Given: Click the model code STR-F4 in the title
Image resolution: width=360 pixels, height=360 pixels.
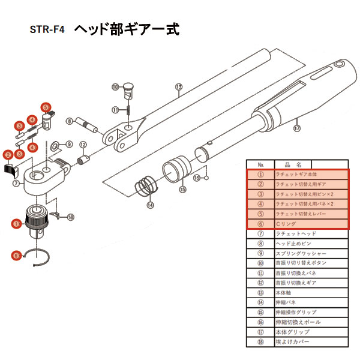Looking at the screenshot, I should [x=50, y=29].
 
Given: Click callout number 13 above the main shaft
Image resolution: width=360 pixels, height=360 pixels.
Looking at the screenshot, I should [x=178, y=87].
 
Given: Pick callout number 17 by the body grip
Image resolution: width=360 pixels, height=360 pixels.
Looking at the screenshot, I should [x=296, y=128].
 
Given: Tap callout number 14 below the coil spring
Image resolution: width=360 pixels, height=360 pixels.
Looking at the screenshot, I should [x=150, y=205].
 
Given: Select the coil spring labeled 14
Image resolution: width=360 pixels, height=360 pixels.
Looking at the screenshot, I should [x=144, y=185].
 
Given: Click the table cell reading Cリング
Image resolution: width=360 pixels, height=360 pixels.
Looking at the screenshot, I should [x=311, y=224].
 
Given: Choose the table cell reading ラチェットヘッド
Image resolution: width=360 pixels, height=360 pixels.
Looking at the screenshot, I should [x=311, y=233].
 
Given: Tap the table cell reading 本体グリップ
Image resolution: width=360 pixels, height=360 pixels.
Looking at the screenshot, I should [x=311, y=332].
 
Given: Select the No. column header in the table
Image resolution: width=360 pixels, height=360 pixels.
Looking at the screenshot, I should [x=260, y=164].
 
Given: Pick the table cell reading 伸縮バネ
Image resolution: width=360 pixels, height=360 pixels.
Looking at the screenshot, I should [x=311, y=302].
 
